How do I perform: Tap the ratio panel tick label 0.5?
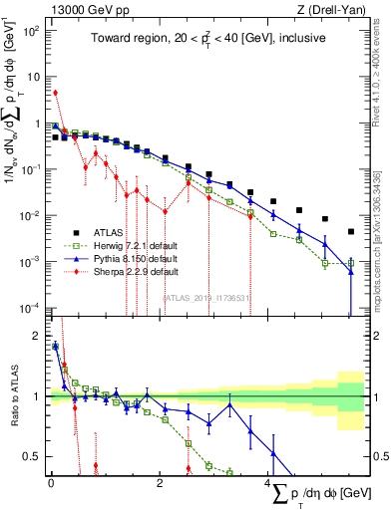click(31, 456)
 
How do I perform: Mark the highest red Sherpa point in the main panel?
click(55, 93)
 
